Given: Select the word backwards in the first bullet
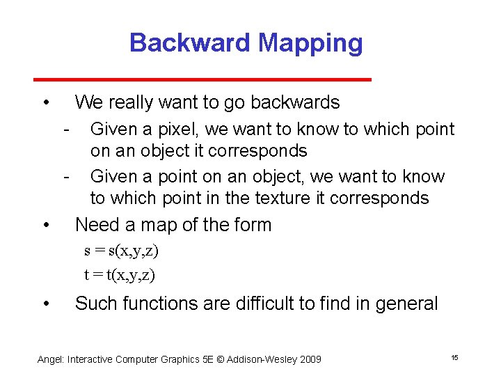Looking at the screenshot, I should (x=295, y=103).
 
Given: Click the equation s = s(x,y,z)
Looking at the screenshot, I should (x=122, y=250).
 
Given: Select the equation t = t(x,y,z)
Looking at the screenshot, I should (x=120, y=274).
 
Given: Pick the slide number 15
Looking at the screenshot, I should (x=454, y=357).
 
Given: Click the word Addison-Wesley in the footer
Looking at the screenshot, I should (x=262, y=359).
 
